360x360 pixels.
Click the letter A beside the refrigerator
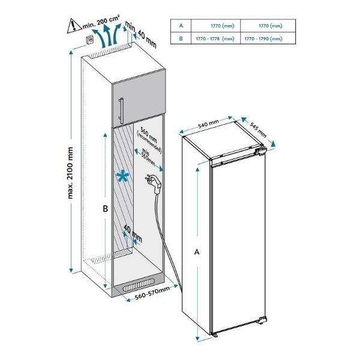point(197,253)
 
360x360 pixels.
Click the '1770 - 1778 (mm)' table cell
point(215,38)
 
